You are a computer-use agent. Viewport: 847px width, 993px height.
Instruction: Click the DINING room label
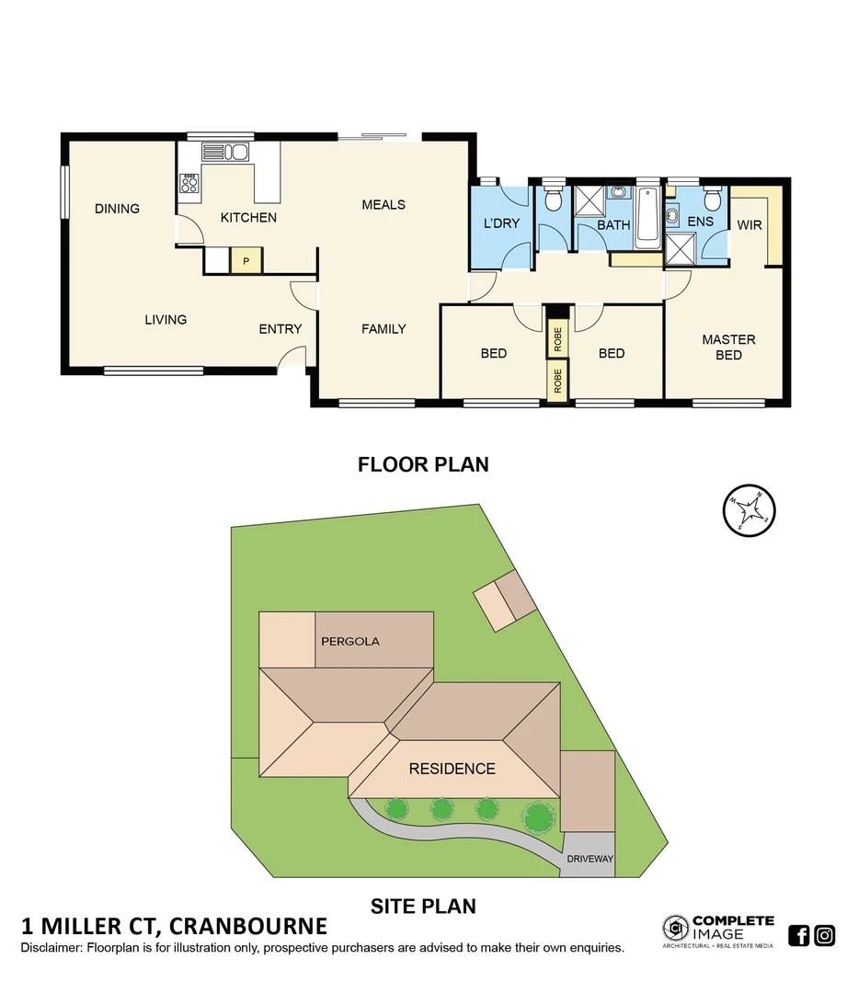(117, 209)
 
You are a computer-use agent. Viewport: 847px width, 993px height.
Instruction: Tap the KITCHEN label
(248, 218)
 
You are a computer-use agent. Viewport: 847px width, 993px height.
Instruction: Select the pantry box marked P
(246, 261)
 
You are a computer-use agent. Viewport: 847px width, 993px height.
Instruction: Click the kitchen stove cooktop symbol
(190, 185)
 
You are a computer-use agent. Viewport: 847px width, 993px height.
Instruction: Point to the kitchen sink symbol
(226, 153)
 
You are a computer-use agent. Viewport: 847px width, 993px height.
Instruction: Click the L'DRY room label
(502, 223)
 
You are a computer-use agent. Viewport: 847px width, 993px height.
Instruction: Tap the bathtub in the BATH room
(647, 215)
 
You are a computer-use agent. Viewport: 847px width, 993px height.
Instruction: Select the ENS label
(701, 222)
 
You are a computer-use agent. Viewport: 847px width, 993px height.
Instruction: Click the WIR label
(750, 225)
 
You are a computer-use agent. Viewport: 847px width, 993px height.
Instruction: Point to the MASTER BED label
(728, 347)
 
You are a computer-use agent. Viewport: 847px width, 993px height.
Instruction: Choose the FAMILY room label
(383, 328)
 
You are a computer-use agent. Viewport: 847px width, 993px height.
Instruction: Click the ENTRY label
(280, 328)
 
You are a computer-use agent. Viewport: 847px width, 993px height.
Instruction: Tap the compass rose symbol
(750, 509)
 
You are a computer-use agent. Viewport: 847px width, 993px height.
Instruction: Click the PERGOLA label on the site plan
(349, 641)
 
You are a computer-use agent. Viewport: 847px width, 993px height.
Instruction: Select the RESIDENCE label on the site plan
(452, 769)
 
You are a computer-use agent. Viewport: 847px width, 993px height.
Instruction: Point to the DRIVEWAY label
(590, 860)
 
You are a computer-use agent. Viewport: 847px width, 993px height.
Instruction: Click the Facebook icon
(800, 935)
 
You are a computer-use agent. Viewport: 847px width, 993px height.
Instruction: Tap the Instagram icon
(825, 935)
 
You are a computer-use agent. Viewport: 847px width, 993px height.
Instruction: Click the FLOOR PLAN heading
(423, 464)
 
